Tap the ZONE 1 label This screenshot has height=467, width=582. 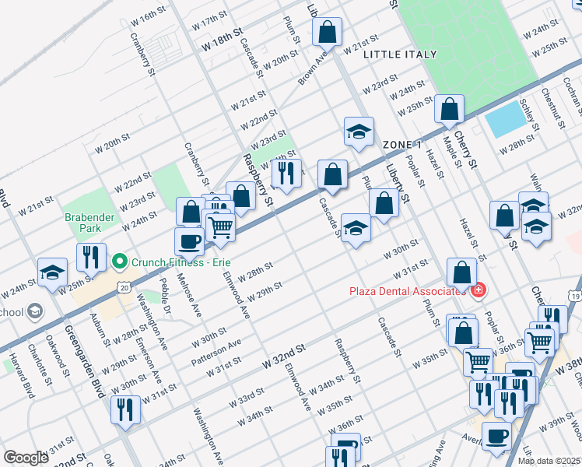(x=402, y=146)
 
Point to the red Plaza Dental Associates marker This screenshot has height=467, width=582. (x=479, y=291)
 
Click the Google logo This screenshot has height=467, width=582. (x=26, y=458)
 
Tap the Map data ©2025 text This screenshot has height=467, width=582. (x=549, y=461)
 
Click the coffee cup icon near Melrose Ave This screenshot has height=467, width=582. (x=189, y=241)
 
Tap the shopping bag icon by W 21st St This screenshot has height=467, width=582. (x=328, y=33)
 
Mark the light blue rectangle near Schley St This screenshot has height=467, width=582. (x=504, y=121)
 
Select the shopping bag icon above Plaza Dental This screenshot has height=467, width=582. (x=461, y=272)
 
